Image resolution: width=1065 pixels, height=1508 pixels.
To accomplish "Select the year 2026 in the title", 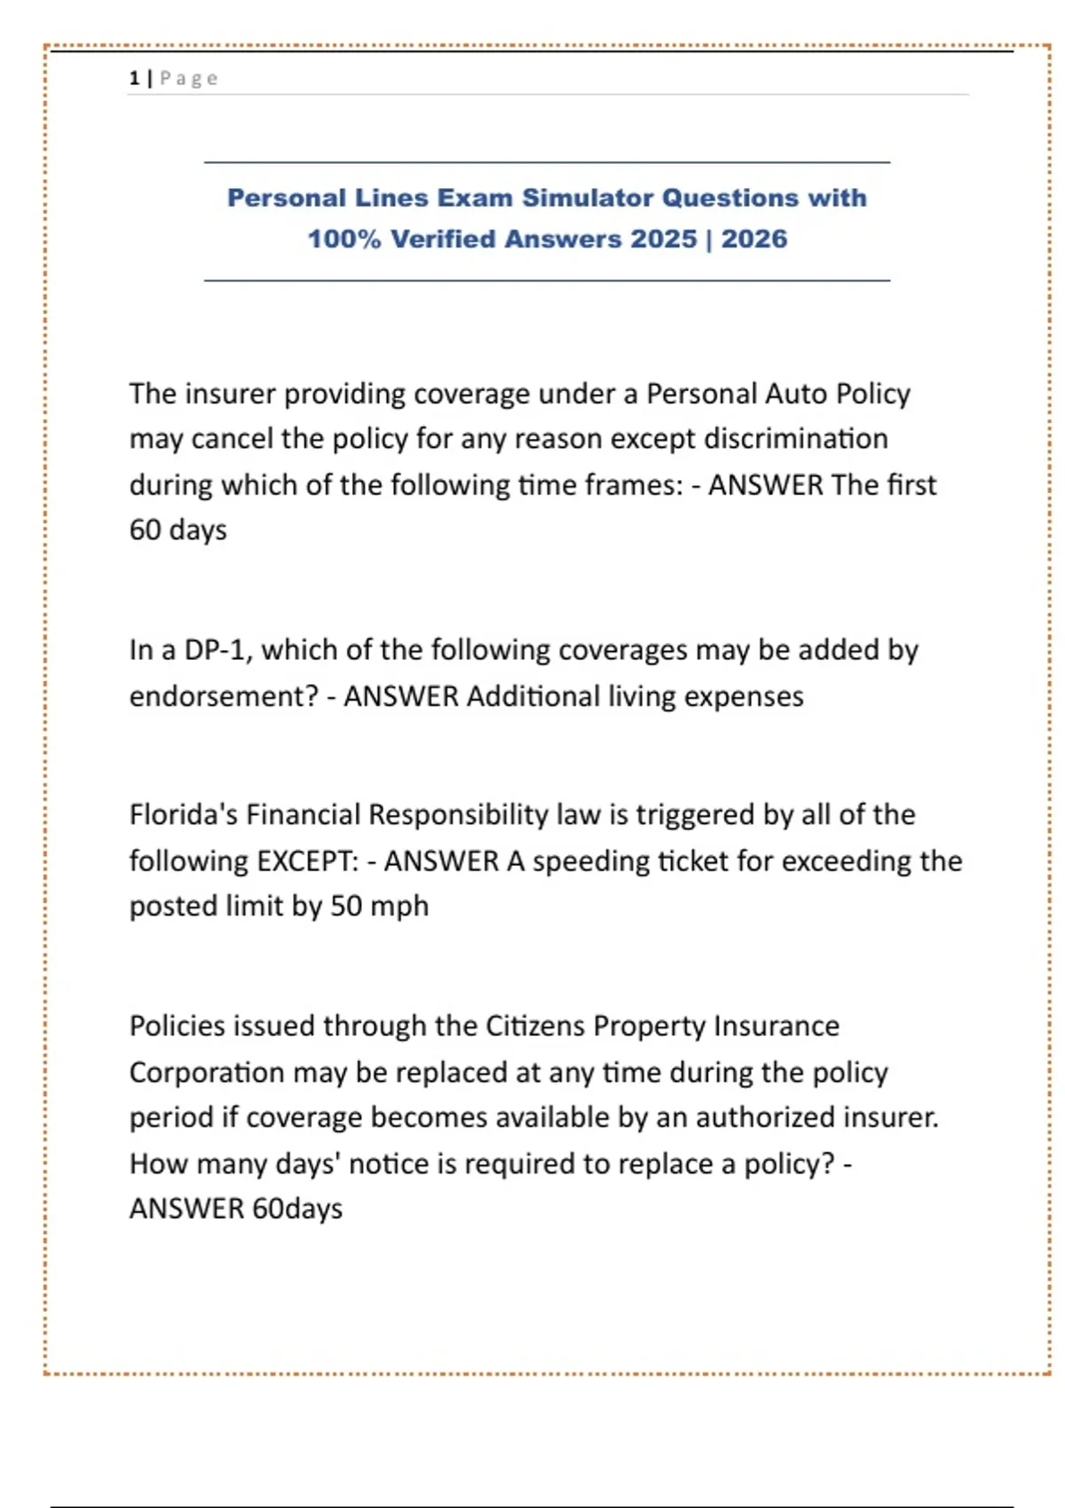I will [x=753, y=239].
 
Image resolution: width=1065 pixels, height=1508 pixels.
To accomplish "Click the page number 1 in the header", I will [x=134, y=78].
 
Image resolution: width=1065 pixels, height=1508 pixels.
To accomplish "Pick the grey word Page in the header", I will [x=189, y=78].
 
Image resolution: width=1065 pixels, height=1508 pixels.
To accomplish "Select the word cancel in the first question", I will [x=232, y=439].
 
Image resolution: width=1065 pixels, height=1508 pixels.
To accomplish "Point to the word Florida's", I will [x=183, y=814].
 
